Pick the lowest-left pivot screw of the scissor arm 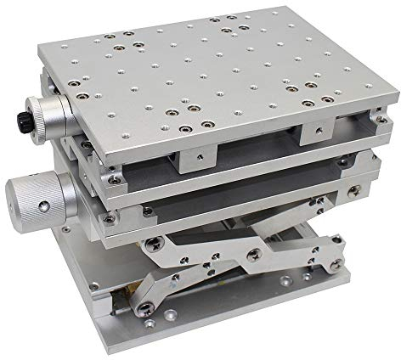pyautogui.click(x=150, y=306)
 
